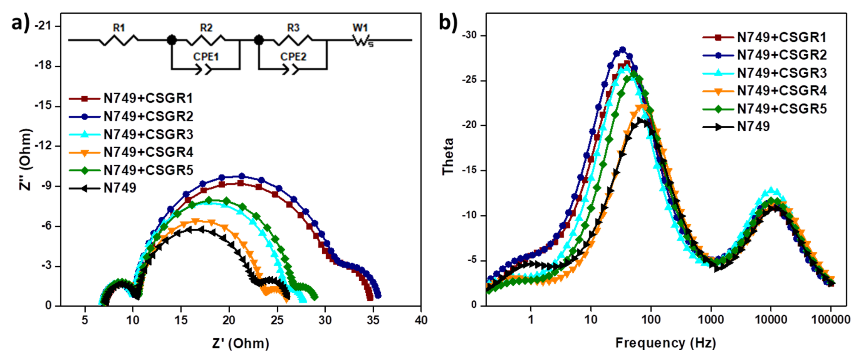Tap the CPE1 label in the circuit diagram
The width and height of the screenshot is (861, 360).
pos(206,57)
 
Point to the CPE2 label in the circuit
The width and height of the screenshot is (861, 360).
pos(293,57)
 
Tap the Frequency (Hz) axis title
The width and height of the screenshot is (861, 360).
pos(665,343)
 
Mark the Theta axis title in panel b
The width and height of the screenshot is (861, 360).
pos(448,156)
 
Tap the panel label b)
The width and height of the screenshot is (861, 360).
pos(448,23)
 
